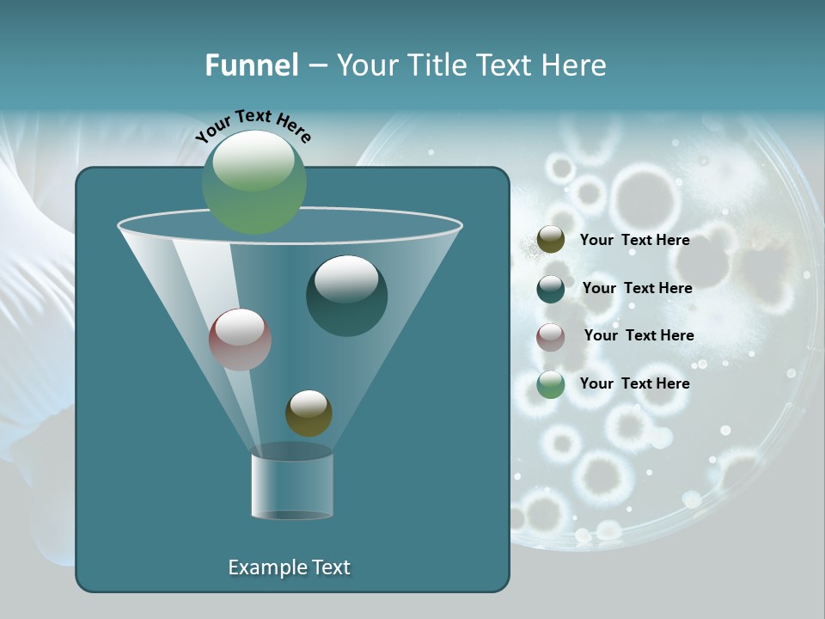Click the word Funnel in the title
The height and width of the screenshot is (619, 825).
251,65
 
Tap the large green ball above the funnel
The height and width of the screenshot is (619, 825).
254,182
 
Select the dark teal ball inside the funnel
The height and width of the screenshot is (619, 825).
346,297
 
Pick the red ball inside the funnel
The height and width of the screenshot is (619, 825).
241,340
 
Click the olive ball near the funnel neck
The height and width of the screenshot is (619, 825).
309,414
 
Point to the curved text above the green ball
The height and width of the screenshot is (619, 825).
254,125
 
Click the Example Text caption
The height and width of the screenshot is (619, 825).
289,567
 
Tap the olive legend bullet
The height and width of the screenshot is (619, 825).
551,240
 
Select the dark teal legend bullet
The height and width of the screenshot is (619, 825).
551,289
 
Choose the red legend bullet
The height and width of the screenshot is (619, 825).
551,337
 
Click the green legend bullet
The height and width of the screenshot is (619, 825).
551,384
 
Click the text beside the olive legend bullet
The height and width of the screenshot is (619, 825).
634,241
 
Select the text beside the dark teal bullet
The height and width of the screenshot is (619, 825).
637,288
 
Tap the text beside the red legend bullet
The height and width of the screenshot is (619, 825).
639,335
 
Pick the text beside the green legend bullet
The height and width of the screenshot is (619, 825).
634,383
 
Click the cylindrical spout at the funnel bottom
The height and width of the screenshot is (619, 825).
292,486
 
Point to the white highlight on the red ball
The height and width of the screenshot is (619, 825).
240,327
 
